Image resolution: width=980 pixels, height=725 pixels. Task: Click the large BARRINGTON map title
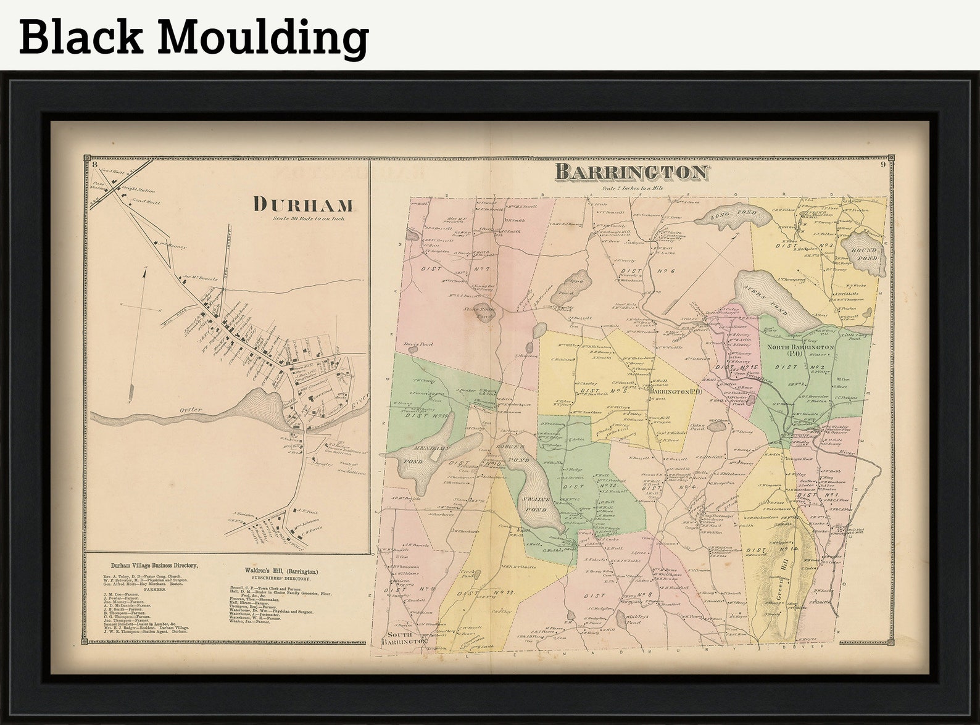630,172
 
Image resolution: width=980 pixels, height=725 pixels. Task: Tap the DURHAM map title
303,204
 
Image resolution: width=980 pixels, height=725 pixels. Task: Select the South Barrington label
404,637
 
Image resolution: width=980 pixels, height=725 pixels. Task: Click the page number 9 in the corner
883,164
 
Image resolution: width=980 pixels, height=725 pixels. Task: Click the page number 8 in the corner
93,164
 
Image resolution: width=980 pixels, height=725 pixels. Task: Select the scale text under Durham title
309,218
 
